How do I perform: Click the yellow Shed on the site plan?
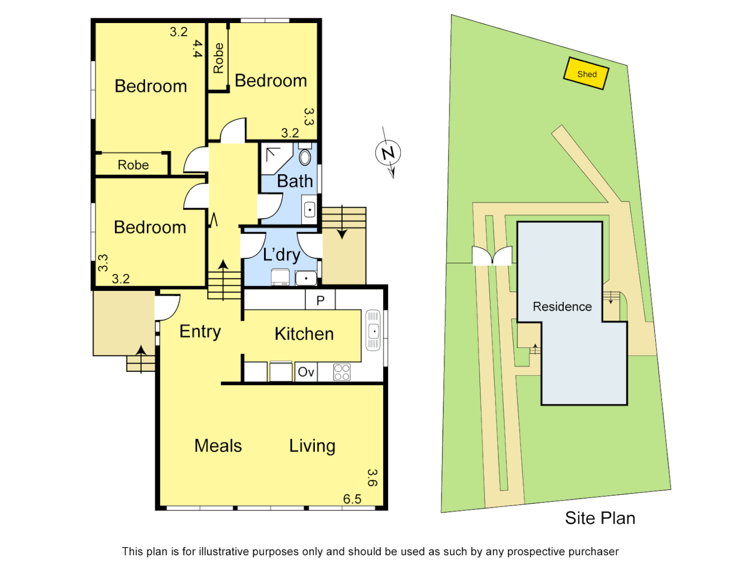coord(586,74)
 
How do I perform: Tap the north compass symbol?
coord(388,153)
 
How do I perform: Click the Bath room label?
coord(294,181)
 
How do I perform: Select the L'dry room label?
coord(281,255)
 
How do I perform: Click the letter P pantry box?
coord(321,300)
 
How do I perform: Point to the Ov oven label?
coord(305,372)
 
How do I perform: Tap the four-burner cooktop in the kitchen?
coord(342,372)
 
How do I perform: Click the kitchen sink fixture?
coord(373,330)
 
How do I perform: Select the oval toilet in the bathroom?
coord(305,156)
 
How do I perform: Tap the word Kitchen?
coord(304,334)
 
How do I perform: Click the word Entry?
coord(200,332)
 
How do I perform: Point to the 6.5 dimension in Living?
coord(352,499)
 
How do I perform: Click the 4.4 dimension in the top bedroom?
coord(197,49)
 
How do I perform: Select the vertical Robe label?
coord(219,58)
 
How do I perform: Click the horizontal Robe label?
coord(133,165)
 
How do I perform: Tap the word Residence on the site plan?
coord(562,307)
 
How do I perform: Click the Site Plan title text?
coord(600,518)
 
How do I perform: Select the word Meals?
coord(218,446)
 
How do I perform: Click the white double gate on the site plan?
coord(492,256)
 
